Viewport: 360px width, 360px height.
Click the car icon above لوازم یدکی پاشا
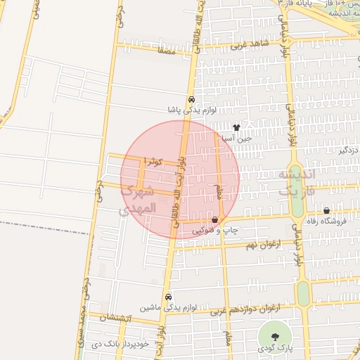pos(192,100)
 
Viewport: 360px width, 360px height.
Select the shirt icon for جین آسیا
pos(237,128)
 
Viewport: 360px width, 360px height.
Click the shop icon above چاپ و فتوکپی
pos(214,219)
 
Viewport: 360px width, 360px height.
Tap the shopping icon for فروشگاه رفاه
pos(327,211)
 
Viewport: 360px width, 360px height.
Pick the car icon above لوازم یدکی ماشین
pos(167,297)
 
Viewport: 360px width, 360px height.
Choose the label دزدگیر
pos(348,150)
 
